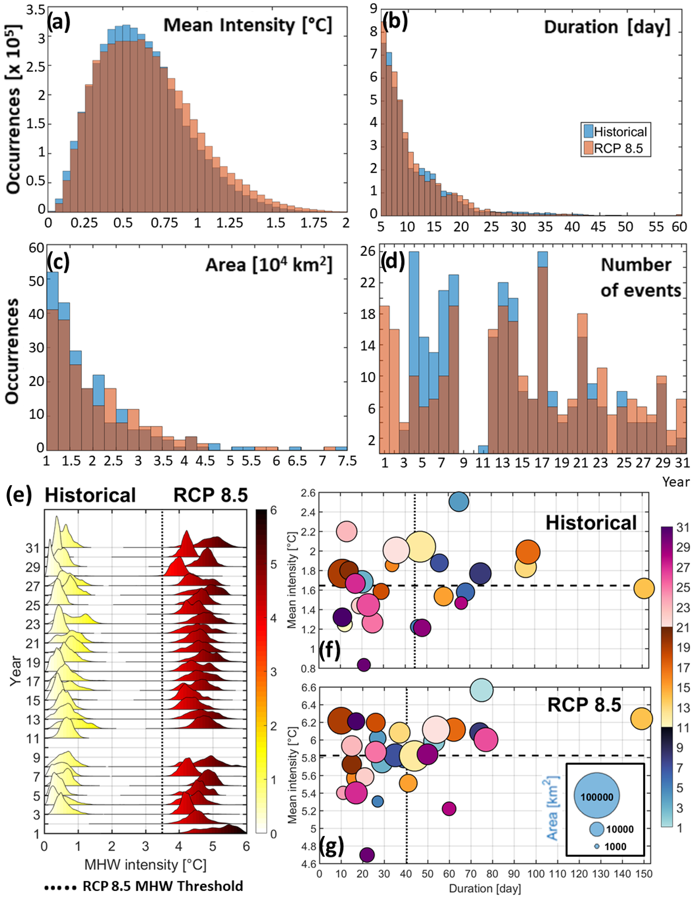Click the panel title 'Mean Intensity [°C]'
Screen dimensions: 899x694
click(x=247, y=26)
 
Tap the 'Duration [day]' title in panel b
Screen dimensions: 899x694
click(x=607, y=27)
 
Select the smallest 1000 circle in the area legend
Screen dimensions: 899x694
click(x=596, y=847)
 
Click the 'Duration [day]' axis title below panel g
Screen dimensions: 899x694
click(x=485, y=888)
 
